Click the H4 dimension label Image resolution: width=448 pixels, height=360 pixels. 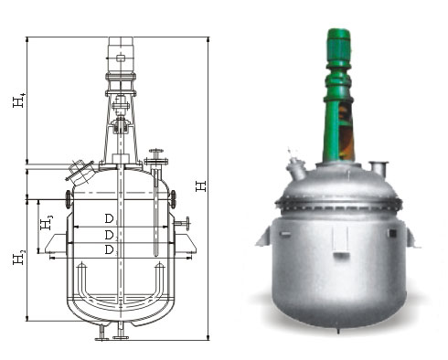pyautogui.click(x=18, y=101)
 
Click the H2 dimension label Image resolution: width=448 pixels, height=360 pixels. pyautogui.click(x=18, y=257)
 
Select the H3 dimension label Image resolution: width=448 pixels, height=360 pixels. pyautogui.click(x=47, y=222)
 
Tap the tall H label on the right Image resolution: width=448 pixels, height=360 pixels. pyautogui.click(x=201, y=186)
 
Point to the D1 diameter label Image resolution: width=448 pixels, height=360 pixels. pyautogui.click(x=111, y=219)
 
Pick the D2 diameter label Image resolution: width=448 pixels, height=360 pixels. pyautogui.click(x=111, y=236)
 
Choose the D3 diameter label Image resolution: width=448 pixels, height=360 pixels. pyautogui.click(x=111, y=250)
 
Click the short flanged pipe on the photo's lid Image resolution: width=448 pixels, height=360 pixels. pyautogui.click(x=379, y=168)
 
